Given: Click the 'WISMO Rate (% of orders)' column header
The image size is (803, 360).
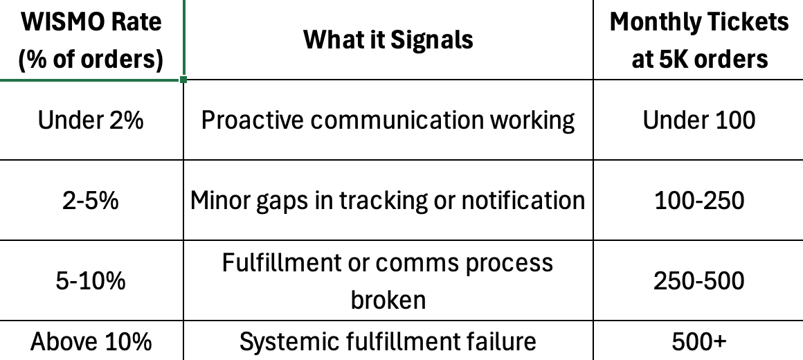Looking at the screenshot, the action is point(91,40).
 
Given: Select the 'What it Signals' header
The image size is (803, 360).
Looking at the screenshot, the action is point(388,39).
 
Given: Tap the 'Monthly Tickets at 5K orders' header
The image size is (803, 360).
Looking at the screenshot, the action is point(698,40).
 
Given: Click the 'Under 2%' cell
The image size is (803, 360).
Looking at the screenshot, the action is point(91,120).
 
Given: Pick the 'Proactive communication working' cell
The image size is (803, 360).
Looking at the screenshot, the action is point(388,120).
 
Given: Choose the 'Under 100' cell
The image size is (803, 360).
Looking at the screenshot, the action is point(698,120).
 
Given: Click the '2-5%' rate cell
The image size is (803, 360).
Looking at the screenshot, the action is point(91,201).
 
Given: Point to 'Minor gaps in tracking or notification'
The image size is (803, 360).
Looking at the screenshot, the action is point(388,201).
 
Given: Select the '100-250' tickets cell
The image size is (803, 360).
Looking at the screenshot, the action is point(698,201).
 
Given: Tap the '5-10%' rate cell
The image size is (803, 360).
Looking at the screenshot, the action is point(91,280).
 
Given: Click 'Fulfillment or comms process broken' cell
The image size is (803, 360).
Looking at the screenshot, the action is point(388,280).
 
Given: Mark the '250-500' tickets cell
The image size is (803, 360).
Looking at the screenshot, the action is point(698,280).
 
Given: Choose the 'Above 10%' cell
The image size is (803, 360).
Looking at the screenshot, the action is point(91,342).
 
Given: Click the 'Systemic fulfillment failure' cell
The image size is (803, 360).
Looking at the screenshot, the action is point(388,342).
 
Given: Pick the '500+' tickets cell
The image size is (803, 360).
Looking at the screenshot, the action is point(698,342).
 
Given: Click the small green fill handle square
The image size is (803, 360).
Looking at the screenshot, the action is point(183,80).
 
